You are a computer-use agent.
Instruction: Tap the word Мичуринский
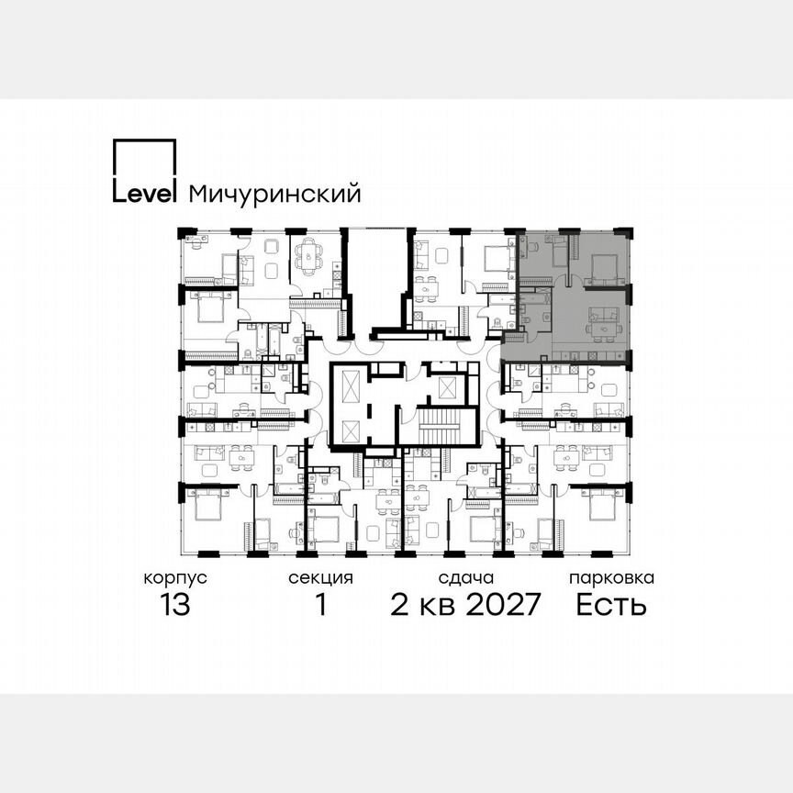[274, 194]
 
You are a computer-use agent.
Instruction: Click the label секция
[320, 578]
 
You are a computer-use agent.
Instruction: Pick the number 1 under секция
[321, 606]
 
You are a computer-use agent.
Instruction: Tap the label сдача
[466, 578]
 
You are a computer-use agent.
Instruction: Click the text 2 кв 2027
[466, 606]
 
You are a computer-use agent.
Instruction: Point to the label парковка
[611, 578]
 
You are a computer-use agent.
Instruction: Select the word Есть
[611, 606]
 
